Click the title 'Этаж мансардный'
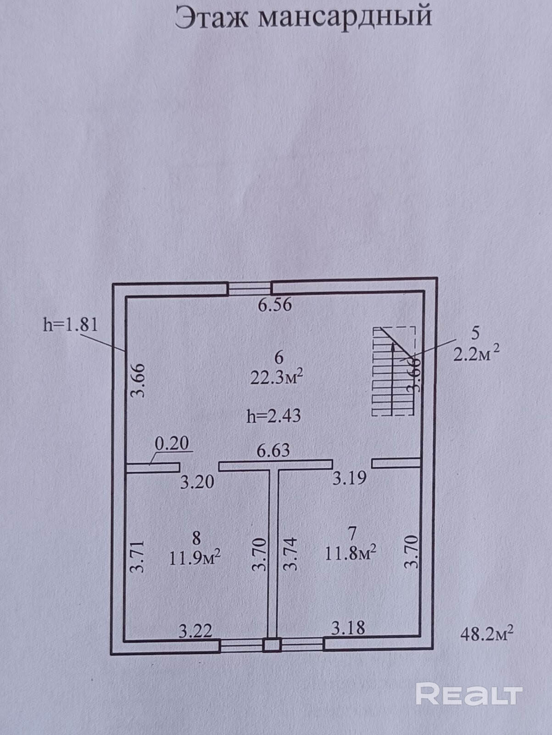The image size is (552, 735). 303,17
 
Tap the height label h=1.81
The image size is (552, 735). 71,325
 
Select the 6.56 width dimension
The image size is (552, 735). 274,305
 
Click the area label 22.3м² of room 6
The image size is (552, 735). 277,377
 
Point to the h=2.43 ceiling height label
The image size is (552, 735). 273,416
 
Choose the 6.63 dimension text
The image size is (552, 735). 273,450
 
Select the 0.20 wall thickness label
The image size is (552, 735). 172,443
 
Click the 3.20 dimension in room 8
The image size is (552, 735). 197,482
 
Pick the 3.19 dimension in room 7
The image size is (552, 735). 349,478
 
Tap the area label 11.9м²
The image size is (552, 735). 195,558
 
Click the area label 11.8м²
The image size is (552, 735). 351,553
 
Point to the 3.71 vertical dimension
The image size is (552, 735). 138,556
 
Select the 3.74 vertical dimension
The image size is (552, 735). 290,554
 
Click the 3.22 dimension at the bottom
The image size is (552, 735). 195,631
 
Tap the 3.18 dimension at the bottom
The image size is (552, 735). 348,628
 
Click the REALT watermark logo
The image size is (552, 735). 469,694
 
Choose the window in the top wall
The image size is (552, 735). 250,289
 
